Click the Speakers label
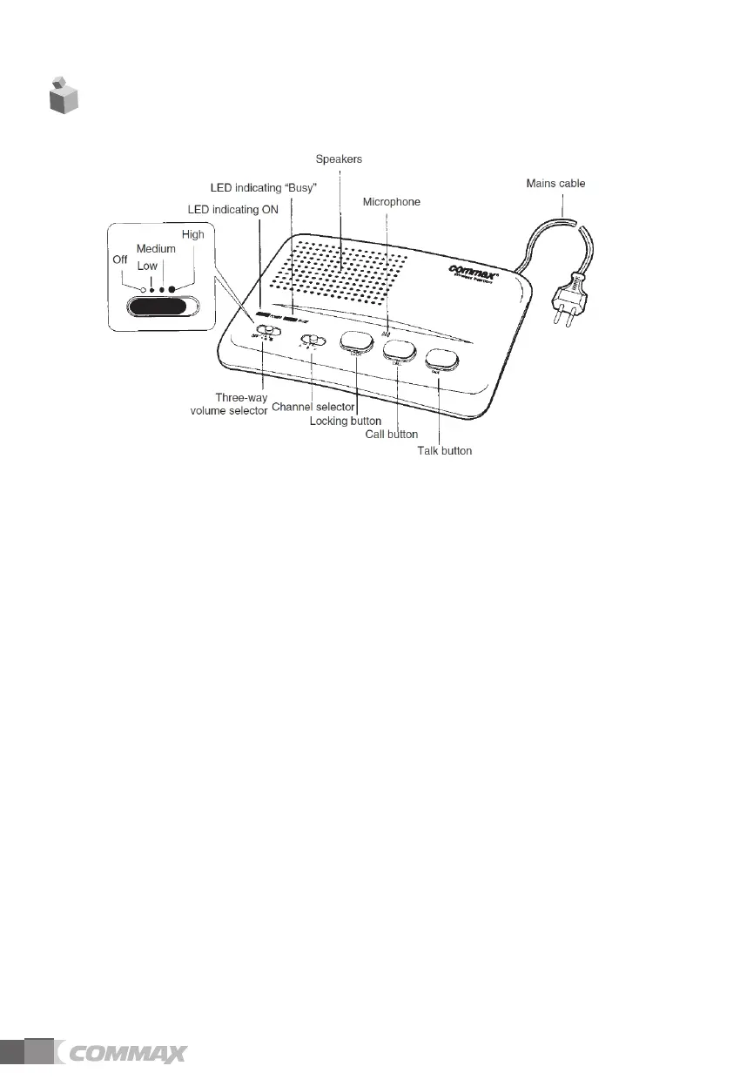pos(339,160)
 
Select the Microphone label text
pos(391,202)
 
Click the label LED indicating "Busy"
pos(263,188)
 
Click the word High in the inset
pos(192,235)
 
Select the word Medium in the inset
pos(156,249)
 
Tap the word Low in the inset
pos(147,266)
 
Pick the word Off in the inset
pos(120,260)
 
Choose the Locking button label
pos(346,421)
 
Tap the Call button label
pos(392,434)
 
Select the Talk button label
pos(443,451)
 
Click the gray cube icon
pos(63,94)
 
